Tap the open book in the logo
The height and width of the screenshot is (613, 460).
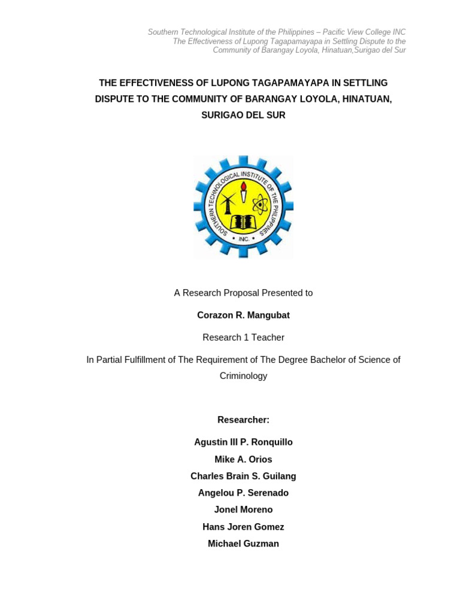[x=243, y=222]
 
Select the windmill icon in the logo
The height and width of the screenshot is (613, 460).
[x=227, y=204]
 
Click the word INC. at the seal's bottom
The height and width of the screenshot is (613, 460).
[x=243, y=239]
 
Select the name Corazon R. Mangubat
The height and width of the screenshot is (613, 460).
[x=243, y=315]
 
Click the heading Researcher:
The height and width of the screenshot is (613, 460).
[x=243, y=420]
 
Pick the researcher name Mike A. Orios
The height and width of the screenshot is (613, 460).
[x=243, y=459]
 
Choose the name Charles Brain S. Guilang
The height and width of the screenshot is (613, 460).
[x=243, y=476]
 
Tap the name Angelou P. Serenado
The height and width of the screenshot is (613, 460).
[x=243, y=493]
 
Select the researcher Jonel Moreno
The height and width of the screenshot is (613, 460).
[x=243, y=509]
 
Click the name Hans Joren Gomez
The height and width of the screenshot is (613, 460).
[x=243, y=527]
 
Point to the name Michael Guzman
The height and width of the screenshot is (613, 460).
[x=243, y=544]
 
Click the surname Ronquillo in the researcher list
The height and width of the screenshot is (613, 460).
[x=271, y=442]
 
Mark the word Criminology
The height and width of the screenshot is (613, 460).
[x=243, y=376]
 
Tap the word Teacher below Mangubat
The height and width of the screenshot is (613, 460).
[x=268, y=337]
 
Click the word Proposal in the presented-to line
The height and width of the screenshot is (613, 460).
[x=238, y=293]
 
